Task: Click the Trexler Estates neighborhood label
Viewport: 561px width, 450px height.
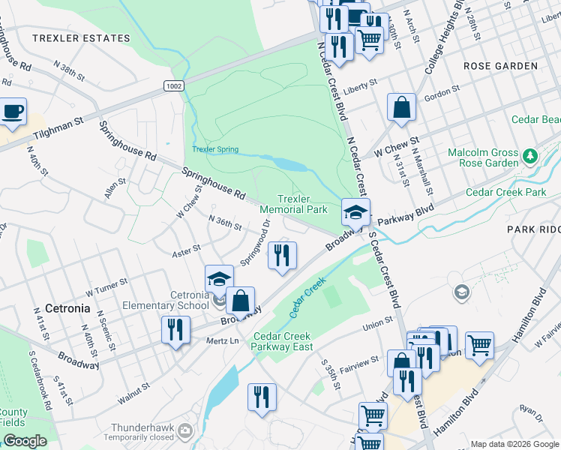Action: (x=81, y=37)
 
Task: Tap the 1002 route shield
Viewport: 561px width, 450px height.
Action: (x=173, y=87)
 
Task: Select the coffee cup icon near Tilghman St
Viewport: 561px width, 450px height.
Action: (x=12, y=112)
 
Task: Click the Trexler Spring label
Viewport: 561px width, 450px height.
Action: (x=215, y=150)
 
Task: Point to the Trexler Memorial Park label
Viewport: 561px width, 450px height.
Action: (x=293, y=204)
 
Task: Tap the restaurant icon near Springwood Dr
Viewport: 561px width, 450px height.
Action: (x=282, y=256)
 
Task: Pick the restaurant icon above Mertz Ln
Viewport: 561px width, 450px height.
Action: (x=176, y=330)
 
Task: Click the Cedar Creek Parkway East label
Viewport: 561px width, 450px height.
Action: (x=283, y=341)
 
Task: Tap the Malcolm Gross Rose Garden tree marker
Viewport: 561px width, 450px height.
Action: (x=531, y=157)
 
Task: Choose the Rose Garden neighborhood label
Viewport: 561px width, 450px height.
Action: (x=500, y=66)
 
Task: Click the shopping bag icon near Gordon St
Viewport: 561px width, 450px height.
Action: (x=402, y=106)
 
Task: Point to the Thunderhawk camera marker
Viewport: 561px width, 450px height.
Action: (x=185, y=431)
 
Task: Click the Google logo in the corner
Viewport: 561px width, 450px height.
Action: (x=25, y=441)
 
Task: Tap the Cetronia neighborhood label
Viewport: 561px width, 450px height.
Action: (x=67, y=308)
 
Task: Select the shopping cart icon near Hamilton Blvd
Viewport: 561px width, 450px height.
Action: (x=479, y=346)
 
